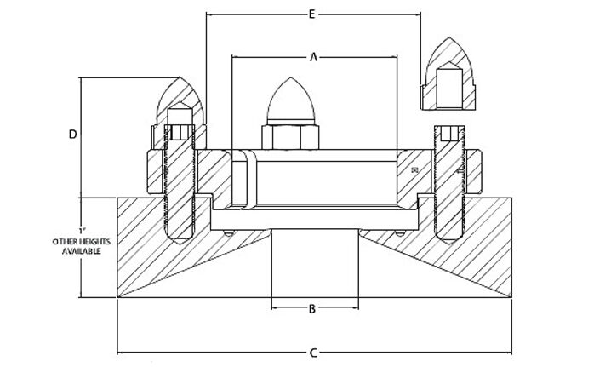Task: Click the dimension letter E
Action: pos(311,14)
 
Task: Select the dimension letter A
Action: pos(314,57)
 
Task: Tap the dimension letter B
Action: pos(312,309)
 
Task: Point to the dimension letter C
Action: pos(314,353)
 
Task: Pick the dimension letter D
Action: pos(73,135)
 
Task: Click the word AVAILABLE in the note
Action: pos(82,251)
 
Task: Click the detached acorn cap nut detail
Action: pos(448,74)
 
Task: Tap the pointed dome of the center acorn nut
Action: pos(291,100)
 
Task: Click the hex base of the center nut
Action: pos(290,137)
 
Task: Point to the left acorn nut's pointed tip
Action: pos(180,77)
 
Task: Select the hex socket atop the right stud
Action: pos(449,134)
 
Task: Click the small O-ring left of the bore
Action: pos(229,233)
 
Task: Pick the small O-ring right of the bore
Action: pos(400,233)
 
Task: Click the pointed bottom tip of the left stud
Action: pos(180,244)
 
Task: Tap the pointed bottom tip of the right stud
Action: pos(449,244)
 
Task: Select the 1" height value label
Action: pos(82,230)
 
